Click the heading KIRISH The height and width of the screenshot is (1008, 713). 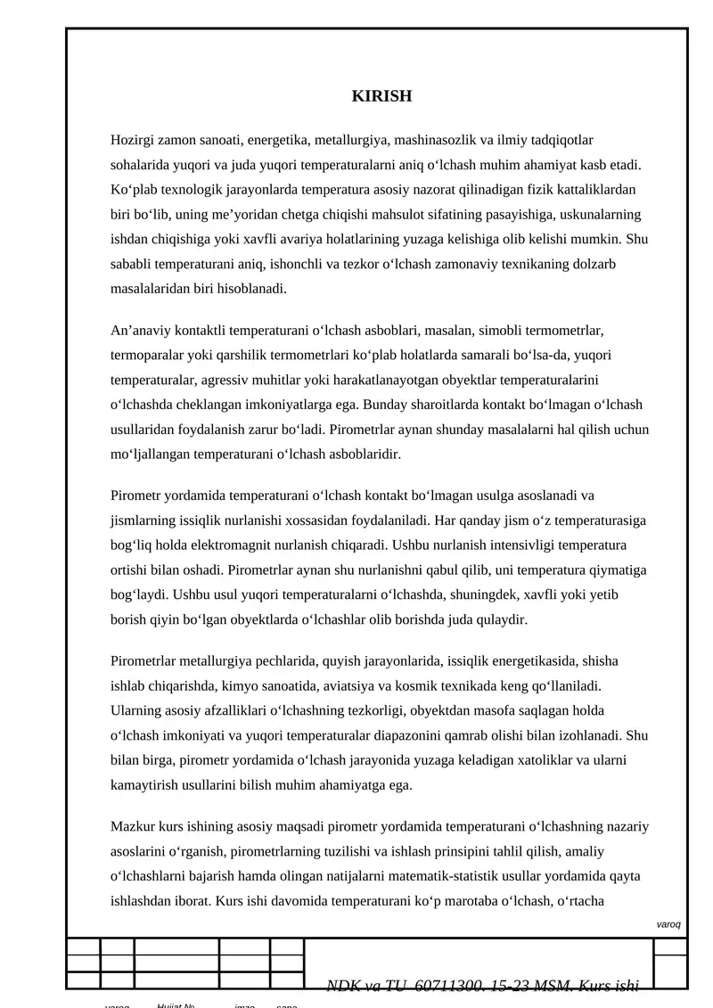(x=381, y=96)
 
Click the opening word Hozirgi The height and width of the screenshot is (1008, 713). (x=132, y=140)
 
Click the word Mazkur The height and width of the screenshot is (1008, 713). (x=132, y=827)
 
